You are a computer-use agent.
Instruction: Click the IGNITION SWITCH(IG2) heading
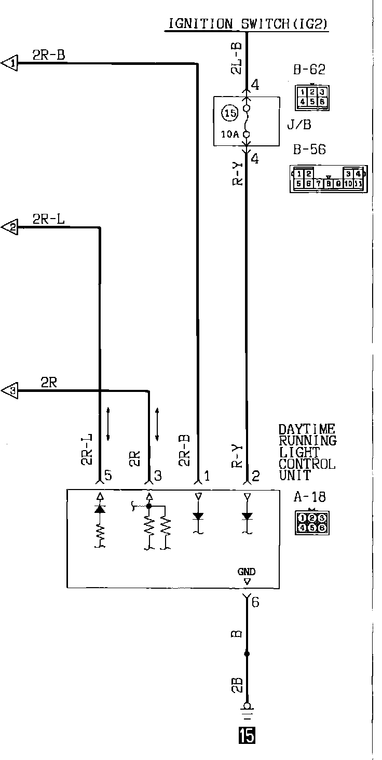(x=247, y=24)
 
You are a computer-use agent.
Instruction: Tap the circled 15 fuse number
(x=229, y=112)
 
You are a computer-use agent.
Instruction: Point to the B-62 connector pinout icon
(x=311, y=97)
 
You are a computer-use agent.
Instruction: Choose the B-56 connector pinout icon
(x=328, y=179)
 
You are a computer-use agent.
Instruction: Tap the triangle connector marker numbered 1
(x=10, y=63)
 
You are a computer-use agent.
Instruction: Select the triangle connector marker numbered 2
(x=10, y=227)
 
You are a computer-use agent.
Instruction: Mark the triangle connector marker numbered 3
(x=10, y=390)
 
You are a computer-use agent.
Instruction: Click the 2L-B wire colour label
(x=236, y=57)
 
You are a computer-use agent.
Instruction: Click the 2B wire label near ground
(x=237, y=685)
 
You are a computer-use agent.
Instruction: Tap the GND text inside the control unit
(x=247, y=572)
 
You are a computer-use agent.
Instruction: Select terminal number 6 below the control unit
(x=255, y=602)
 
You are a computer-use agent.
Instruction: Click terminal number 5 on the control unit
(x=107, y=475)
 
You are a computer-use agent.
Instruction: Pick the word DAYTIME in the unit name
(x=307, y=430)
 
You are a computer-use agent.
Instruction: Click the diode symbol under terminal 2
(x=247, y=516)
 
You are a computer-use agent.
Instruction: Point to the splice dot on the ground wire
(x=247, y=654)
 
